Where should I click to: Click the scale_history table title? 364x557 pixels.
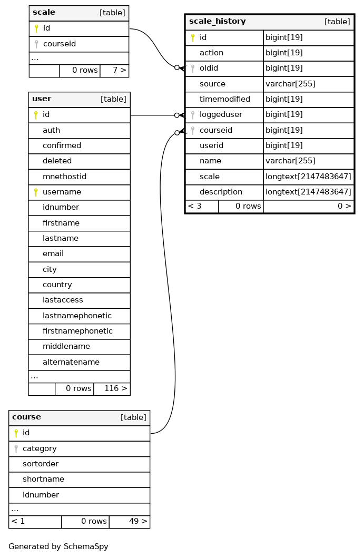pyautogui.click(x=217, y=21)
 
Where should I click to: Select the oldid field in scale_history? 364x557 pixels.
pyautogui.click(x=209, y=68)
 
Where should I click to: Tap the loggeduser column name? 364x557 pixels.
pyautogui.click(x=221, y=115)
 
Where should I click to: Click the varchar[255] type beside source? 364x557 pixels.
pyautogui.click(x=290, y=84)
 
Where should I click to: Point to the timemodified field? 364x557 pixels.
pyautogui.click(x=224, y=99)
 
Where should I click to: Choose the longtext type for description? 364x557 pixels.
pyautogui.click(x=308, y=192)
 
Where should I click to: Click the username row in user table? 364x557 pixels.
pyautogui.click(x=79, y=192)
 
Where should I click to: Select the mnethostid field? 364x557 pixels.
pyautogui.click(x=64, y=177)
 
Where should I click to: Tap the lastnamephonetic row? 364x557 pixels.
pyautogui.click(x=79, y=316)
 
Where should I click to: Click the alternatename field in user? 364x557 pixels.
pyautogui.click(x=71, y=362)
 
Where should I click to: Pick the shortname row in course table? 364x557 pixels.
pyautogui.click(x=79, y=479)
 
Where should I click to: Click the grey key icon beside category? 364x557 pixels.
pyautogui.click(x=16, y=448)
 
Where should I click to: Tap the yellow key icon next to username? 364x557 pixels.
pyautogui.click(x=35, y=192)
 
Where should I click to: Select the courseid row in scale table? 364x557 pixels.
pyautogui.click(x=79, y=44)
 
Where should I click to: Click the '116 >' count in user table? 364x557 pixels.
pyautogui.click(x=115, y=388)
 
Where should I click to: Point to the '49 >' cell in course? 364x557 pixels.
pyautogui.click(x=138, y=521)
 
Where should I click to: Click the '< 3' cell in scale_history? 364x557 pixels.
pyautogui.click(x=194, y=206)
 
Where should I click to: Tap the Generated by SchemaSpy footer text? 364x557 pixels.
pyautogui.click(x=58, y=546)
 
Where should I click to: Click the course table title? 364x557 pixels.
pyautogui.click(x=26, y=417)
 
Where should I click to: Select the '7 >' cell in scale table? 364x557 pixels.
pyautogui.click(x=120, y=70)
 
